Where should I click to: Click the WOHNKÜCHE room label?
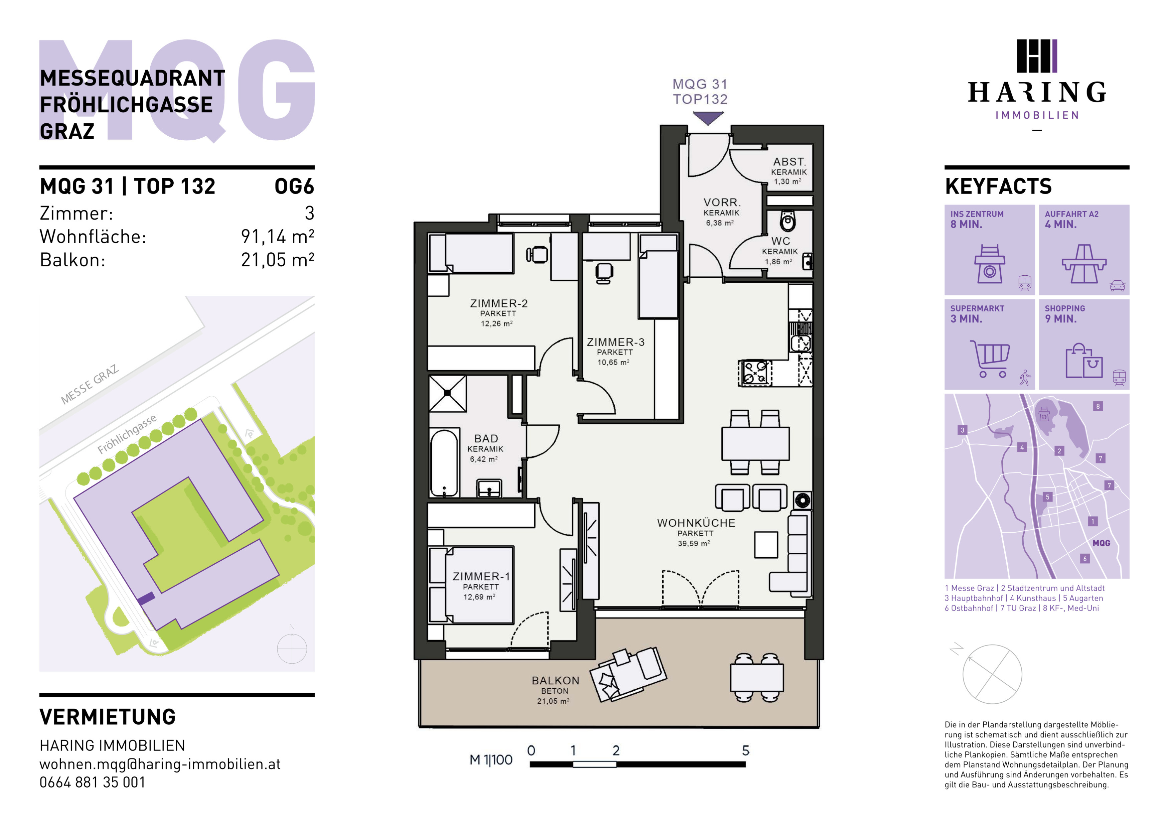point(696,523)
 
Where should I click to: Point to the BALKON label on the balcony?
point(555,681)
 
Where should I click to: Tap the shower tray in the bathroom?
point(448,394)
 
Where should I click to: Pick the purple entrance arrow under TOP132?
point(708,118)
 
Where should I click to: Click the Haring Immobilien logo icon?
point(1037,56)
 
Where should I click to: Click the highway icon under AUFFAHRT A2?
point(1084,264)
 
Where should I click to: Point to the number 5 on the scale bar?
point(745,750)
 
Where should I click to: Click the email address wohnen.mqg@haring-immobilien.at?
point(160,764)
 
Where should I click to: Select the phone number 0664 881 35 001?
point(92,782)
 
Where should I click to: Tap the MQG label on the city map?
point(1101,543)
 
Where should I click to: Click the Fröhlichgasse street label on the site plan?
point(127,434)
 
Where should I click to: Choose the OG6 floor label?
point(294,186)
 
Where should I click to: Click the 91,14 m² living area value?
point(278,236)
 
